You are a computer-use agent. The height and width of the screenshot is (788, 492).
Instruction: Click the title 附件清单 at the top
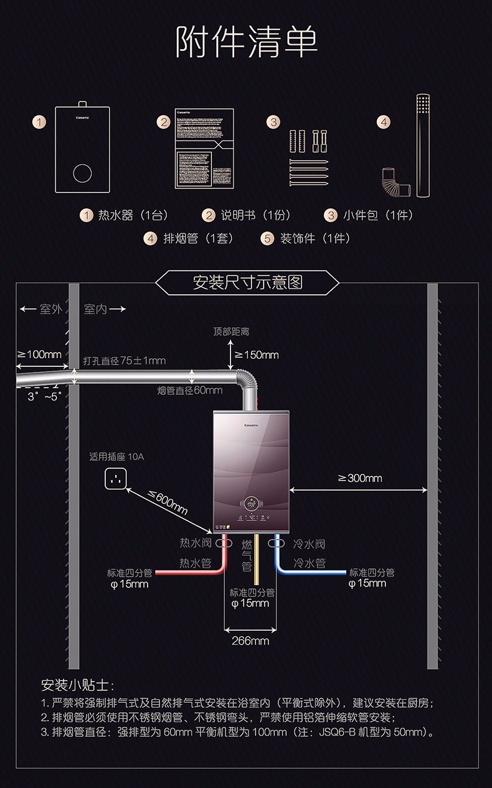pos(247,42)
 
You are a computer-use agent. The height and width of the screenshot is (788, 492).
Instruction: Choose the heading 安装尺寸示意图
pos(247,283)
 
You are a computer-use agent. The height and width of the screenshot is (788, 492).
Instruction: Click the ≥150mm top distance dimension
pos(256,355)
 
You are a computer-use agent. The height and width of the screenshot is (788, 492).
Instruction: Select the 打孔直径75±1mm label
pos(125,361)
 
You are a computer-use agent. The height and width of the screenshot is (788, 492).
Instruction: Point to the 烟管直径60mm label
pos(190,391)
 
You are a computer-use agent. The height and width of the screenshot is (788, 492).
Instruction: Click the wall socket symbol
pos(115,478)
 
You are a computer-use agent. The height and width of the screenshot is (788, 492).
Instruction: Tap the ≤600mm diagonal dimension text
pos(168,502)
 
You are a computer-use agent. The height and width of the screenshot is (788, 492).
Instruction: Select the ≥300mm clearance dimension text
pos(360,478)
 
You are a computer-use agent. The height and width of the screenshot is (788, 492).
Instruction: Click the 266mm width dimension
pos(250,641)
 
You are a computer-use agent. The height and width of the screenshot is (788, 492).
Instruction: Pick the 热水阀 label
pos(196,544)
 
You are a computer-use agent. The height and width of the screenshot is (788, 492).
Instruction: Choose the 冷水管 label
pos(310,563)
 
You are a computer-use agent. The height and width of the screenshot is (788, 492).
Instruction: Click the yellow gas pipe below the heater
pos(257,560)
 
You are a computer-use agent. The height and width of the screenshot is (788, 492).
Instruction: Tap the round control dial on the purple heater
pos(251,503)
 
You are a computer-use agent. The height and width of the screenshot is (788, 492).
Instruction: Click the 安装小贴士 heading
pos(78,685)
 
